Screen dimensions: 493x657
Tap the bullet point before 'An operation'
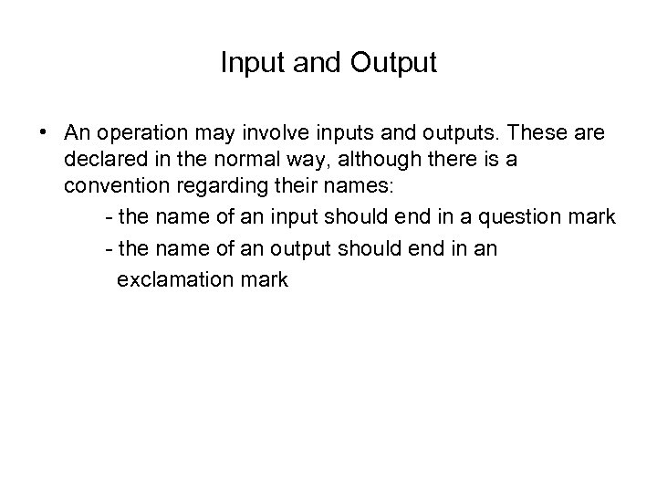[44, 133]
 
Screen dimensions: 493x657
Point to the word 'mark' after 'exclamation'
[264, 279]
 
